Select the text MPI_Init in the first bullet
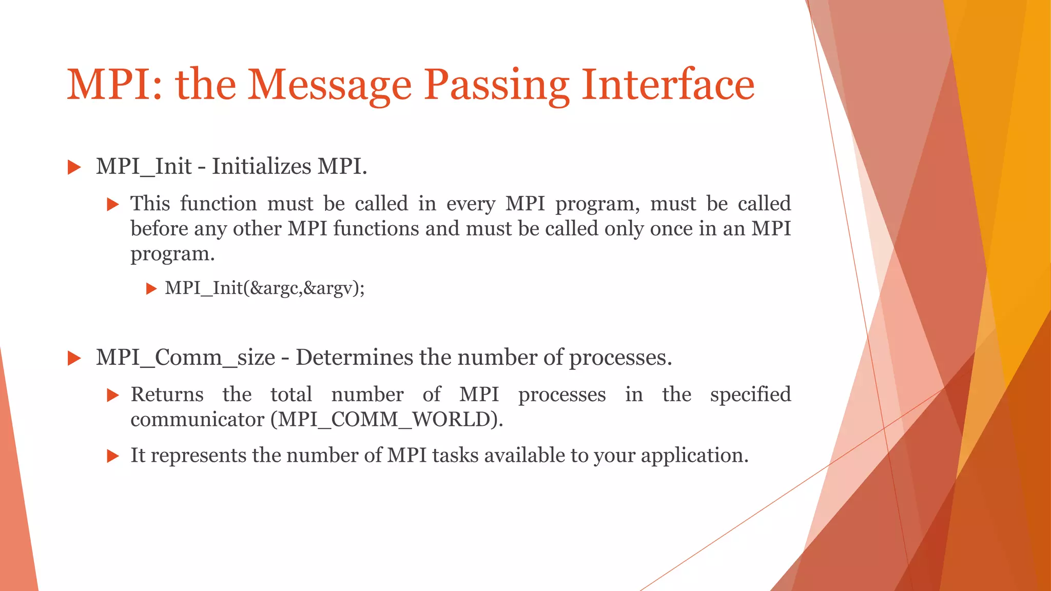point(144,167)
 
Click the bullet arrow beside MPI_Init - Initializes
point(74,167)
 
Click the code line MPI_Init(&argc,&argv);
point(265,288)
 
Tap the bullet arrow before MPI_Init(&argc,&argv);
point(151,289)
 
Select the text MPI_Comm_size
point(185,358)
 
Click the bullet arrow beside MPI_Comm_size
point(74,359)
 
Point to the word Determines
point(354,358)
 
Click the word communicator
point(197,420)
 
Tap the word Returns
point(167,395)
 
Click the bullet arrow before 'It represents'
point(113,456)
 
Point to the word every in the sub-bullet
point(471,204)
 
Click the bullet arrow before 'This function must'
point(113,205)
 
